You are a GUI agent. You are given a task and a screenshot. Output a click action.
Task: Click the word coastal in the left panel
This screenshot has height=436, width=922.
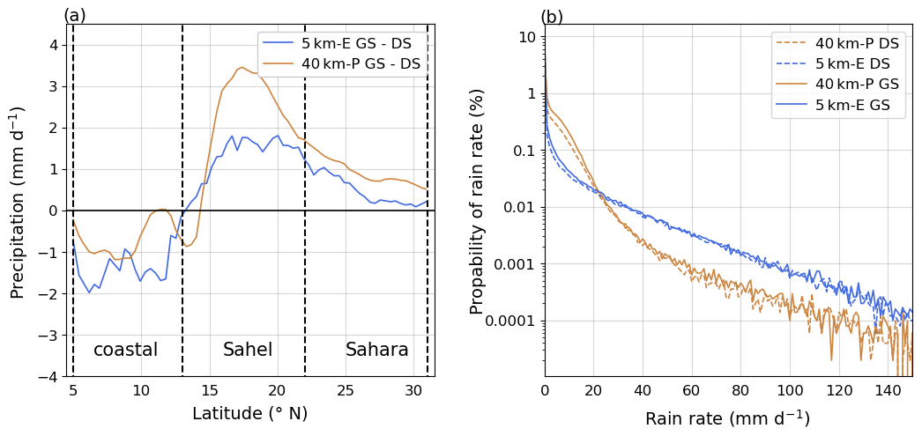pos(125,350)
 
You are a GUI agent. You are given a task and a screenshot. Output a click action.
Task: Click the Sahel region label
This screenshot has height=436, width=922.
pos(248,350)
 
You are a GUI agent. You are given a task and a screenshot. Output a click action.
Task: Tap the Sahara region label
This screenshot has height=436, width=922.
pos(376,350)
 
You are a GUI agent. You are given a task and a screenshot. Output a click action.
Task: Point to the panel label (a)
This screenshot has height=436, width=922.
pos(75,15)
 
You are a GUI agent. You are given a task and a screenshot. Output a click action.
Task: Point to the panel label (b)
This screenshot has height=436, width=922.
pos(552,17)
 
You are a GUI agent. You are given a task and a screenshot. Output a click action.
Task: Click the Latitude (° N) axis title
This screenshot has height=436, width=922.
pos(249,413)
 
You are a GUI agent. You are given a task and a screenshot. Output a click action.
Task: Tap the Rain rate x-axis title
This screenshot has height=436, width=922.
pos(727,418)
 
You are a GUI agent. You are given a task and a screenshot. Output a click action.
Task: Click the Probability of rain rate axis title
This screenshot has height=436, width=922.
pos(478,201)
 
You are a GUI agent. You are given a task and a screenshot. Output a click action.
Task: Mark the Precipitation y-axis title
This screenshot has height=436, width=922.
pos(19,201)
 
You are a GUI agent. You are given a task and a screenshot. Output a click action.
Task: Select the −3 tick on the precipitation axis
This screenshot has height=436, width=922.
pos(52,336)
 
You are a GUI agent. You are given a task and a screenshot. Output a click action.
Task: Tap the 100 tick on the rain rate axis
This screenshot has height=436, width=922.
pos(790,389)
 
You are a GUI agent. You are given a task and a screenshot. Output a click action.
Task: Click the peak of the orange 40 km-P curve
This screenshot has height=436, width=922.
pos(242,67)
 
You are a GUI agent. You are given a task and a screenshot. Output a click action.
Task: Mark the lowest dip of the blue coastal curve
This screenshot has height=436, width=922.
pos(89,292)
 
